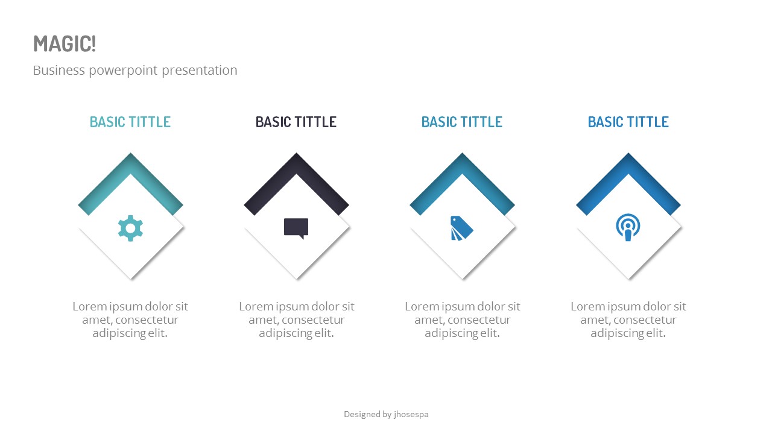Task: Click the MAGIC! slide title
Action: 65,44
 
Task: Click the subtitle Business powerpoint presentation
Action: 134,70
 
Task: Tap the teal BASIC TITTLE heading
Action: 130,122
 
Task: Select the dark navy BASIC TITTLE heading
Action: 296,122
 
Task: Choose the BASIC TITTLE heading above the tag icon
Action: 462,122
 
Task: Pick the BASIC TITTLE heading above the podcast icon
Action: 628,122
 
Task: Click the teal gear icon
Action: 130,228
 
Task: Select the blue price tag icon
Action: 462,228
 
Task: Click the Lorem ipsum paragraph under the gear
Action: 130,319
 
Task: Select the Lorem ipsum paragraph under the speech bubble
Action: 296,319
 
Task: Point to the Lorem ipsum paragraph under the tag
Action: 462,319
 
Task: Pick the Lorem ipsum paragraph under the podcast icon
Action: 628,319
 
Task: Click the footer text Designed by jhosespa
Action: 386,414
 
